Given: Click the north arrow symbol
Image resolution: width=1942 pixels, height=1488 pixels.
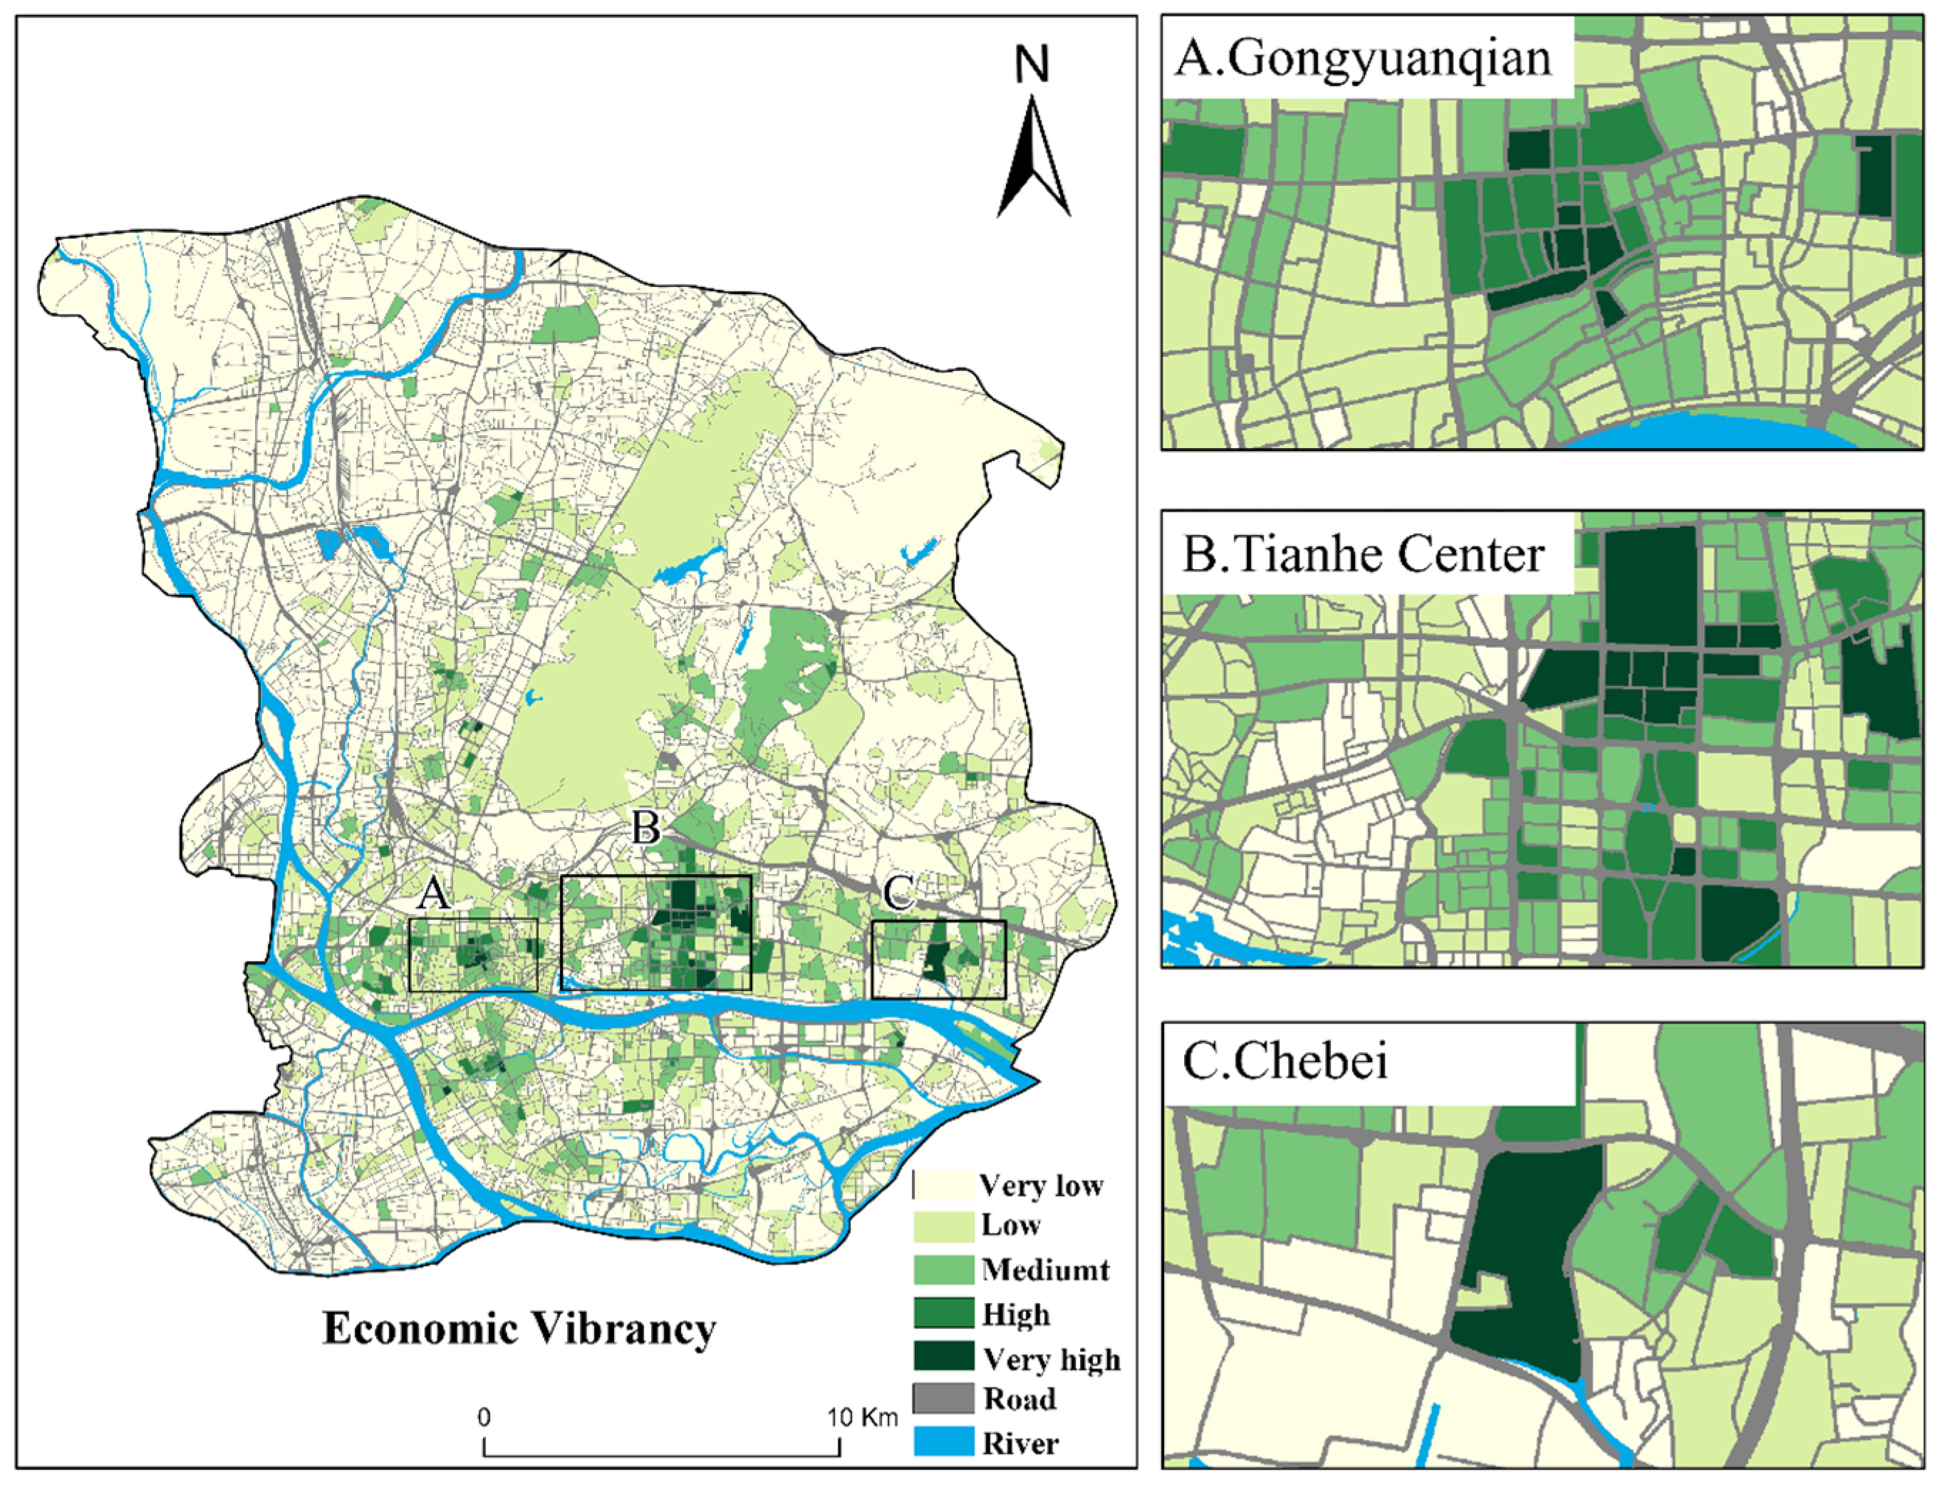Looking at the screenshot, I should [x=1032, y=160].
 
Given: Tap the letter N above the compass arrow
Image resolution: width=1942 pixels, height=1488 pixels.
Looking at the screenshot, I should [x=1032, y=66].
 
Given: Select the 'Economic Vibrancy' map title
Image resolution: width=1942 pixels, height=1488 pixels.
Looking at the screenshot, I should [x=519, y=1329].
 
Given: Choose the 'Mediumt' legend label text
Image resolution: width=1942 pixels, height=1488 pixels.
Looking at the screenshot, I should [x=1045, y=1270].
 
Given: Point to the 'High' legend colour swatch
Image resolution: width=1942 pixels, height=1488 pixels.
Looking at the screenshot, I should [x=943, y=1313].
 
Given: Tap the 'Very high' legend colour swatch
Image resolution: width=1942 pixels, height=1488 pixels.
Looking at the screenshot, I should [x=943, y=1357].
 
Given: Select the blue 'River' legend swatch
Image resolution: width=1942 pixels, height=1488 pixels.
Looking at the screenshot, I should [x=943, y=1441].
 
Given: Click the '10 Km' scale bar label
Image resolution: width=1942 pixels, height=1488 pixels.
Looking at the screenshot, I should [x=863, y=1417].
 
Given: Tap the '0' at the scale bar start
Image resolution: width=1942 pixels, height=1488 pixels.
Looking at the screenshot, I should [x=484, y=1417].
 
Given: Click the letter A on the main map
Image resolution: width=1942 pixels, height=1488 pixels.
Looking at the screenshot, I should [x=433, y=895].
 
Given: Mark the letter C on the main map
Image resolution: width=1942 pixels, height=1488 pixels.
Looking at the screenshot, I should [x=898, y=893].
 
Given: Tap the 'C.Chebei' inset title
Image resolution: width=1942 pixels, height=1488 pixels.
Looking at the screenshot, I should [x=1284, y=1062].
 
